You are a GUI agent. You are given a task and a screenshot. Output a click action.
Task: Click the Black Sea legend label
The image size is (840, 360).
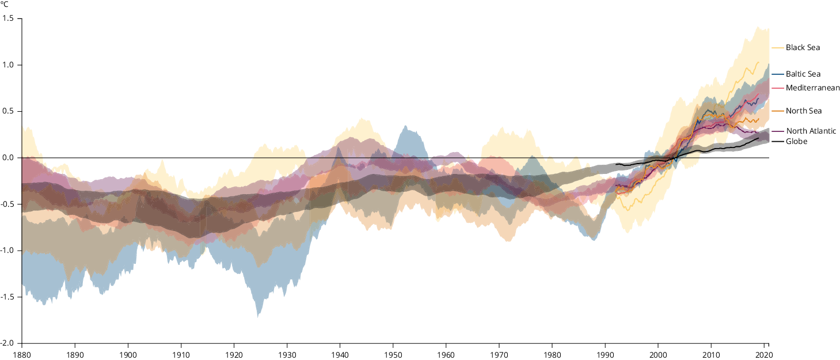click(803, 48)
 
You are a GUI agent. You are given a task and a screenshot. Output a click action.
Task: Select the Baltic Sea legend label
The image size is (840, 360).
click(803, 74)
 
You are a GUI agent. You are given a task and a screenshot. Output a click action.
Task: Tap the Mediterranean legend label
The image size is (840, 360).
click(812, 88)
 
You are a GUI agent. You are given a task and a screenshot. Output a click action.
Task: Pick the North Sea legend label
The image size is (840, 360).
click(804, 111)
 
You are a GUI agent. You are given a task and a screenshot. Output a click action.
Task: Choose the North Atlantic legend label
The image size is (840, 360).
click(811, 131)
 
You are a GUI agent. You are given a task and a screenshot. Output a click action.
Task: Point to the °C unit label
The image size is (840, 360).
click(5, 5)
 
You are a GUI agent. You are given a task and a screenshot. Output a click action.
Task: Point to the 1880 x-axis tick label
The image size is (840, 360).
click(22, 354)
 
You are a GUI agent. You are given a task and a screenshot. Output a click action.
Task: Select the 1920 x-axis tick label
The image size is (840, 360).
click(234, 354)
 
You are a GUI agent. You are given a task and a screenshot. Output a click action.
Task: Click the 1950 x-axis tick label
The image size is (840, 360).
click(393, 354)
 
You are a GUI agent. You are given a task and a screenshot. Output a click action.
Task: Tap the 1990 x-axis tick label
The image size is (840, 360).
click(605, 354)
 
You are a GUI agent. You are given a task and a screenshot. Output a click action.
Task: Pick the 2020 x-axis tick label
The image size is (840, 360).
click(764, 354)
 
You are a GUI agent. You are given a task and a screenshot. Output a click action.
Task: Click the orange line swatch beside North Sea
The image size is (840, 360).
click(777, 111)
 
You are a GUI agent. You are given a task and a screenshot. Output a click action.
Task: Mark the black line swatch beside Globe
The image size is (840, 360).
click(777, 142)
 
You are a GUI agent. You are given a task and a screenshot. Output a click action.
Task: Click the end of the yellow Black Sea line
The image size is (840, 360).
click(759, 62)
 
